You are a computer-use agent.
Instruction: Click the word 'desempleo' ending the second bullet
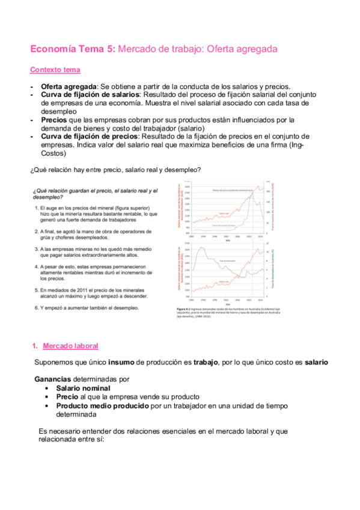tap(58, 111)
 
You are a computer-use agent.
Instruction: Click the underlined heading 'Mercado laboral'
tap(70, 346)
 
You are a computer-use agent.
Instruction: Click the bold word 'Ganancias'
tap(53, 379)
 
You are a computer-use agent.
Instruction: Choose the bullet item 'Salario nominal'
tap(83, 389)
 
